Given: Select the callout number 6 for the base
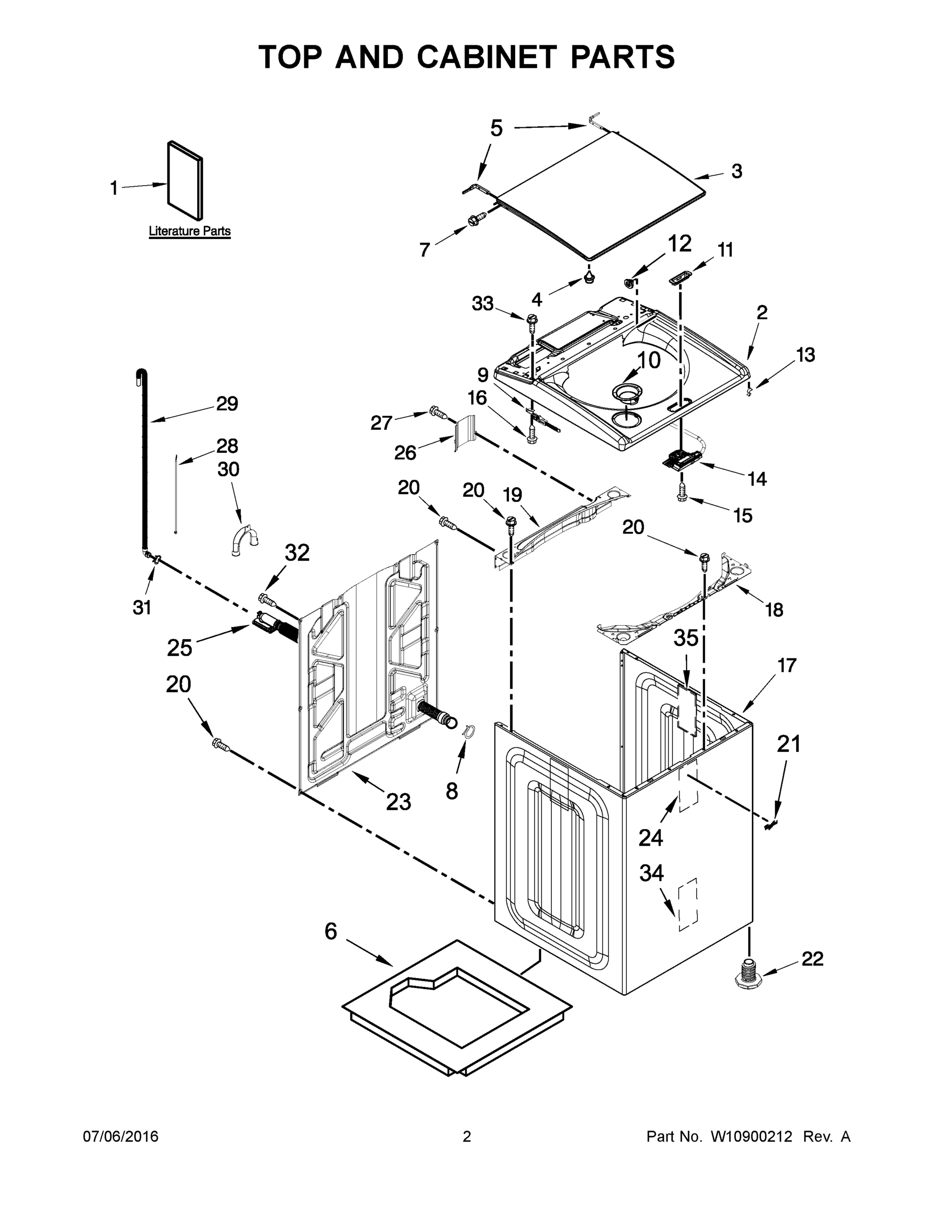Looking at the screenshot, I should (330, 932).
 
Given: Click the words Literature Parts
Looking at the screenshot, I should (190, 231).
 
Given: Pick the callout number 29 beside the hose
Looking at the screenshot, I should (227, 404).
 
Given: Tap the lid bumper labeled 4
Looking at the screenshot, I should (589, 275).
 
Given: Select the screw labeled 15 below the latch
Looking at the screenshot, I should (683, 492).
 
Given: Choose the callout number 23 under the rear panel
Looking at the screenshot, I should (398, 801).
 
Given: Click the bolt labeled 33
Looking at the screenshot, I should (532, 321).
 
